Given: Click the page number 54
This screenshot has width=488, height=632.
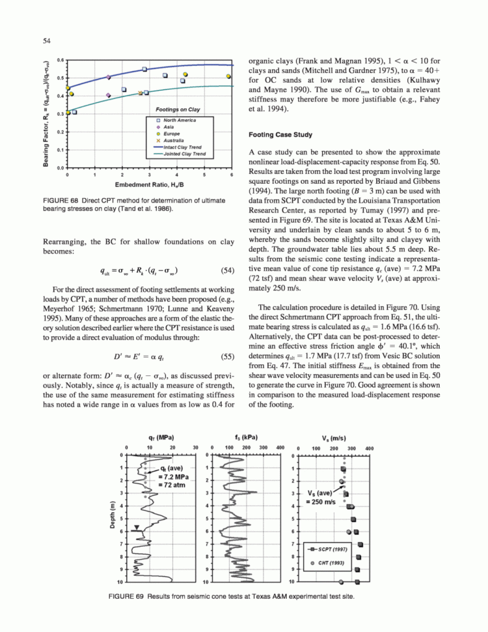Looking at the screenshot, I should pyautogui.click(x=48, y=41).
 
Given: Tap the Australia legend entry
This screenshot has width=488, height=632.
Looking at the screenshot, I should pyautogui.click(x=170, y=141).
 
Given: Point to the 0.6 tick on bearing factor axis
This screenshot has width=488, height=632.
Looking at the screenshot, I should pyautogui.click(x=61, y=60).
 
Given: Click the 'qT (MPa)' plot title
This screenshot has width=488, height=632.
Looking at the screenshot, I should pyautogui.click(x=160, y=436).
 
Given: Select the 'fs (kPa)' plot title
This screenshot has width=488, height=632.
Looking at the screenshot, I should pyautogui.click(x=244, y=436).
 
